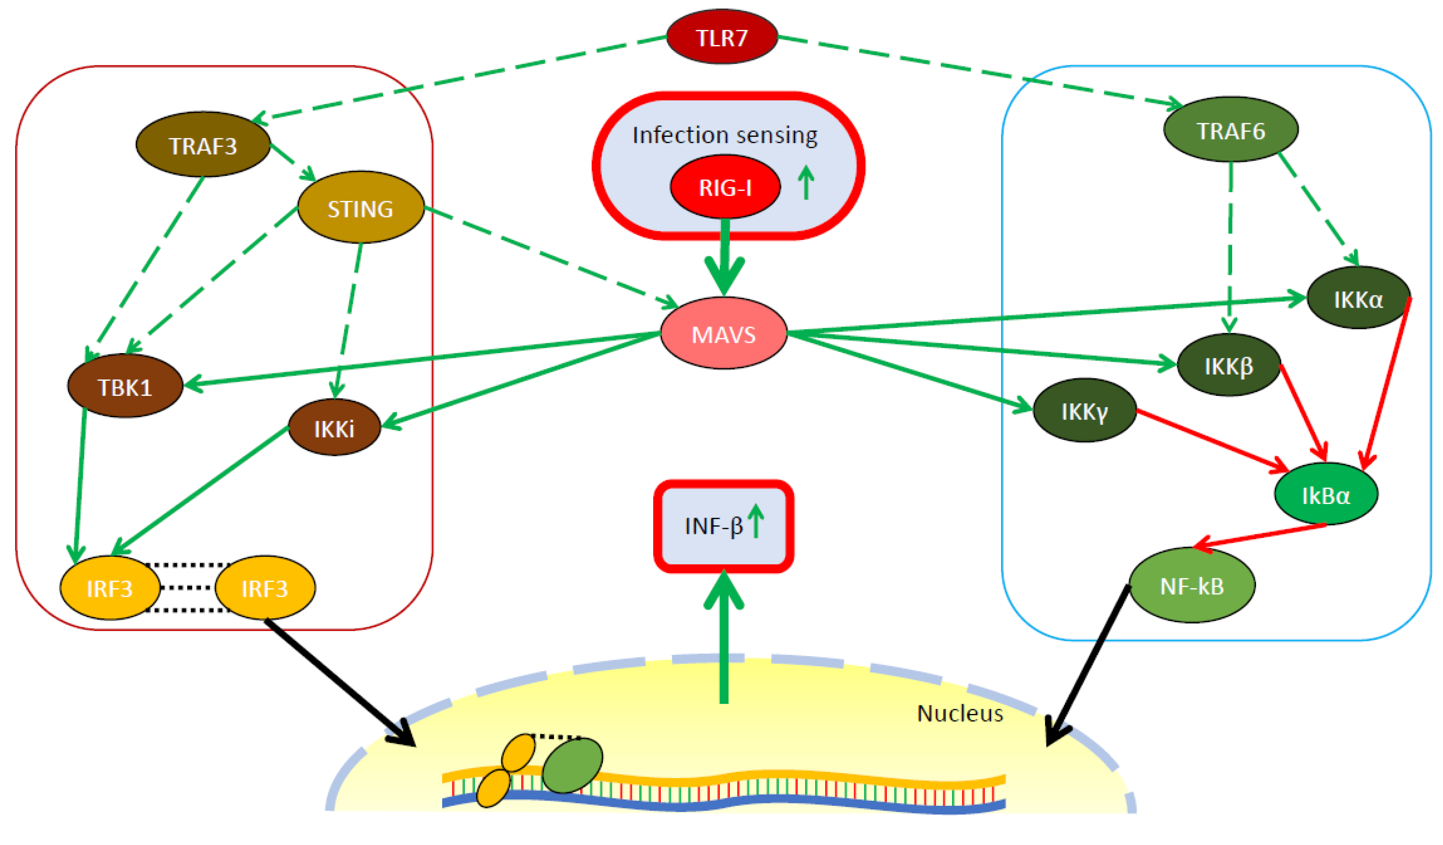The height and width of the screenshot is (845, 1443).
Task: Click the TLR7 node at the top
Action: click(x=721, y=37)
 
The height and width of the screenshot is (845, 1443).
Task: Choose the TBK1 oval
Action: click(x=125, y=387)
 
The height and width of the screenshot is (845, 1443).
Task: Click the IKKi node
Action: click(x=334, y=428)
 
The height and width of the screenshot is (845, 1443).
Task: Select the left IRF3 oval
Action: click(x=110, y=588)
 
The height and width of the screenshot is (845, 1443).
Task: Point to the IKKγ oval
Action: click(x=1084, y=411)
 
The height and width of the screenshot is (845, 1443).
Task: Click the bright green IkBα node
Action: click(x=1326, y=495)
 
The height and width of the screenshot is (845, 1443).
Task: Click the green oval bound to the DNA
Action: click(x=572, y=765)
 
